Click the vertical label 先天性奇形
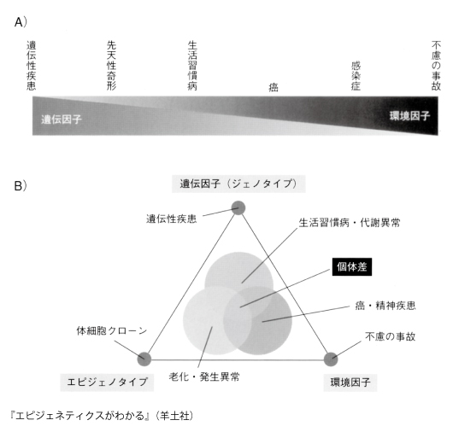pyautogui.click(x=111, y=65)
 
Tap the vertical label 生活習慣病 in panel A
pyautogui.click(x=192, y=65)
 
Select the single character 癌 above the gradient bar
pyautogui.click(x=274, y=87)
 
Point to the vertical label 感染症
pyautogui.click(x=356, y=76)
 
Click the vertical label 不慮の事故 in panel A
pyautogui.click(x=436, y=65)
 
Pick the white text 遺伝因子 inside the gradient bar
pyautogui.click(x=62, y=120)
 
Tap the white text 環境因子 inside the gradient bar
pyautogui.click(x=409, y=116)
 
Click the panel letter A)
pyautogui.click(x=21, y=22)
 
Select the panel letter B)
pyautogui.click(x=21, y=185)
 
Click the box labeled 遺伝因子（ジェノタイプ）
pyautogui.click(x=238, y=184)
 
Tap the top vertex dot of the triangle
pyautogui.click(x=238, y=207)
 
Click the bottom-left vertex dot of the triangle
pyautogui.click(x=144, y=359)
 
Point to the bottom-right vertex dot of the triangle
pyautogui.click(x=331, y=359)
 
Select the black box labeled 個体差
pyautogui.click(x=352, y=267)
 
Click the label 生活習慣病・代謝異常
pyautogui.click(x=350, y=223)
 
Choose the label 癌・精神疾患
pyautogui.click(x=385, y=306)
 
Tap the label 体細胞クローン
pyautogui.click(x=112, y=330)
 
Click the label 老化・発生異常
pyautogui.click(x=204, y=377)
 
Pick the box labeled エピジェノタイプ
pyautogui.click(x=107, y=382)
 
